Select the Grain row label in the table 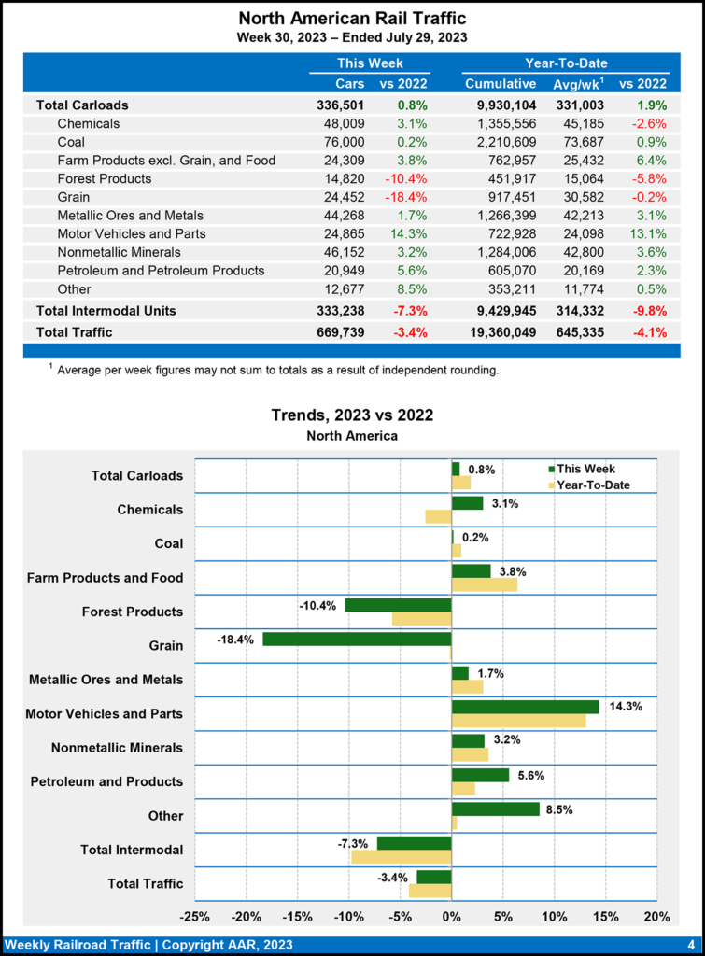(x=75, y=197)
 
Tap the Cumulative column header (x=501, y=84)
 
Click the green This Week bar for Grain (x=357, y=640)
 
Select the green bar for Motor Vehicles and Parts (x=525, y=707)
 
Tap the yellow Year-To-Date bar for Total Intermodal (x=401, y=856)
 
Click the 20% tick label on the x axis (x=656, y=915)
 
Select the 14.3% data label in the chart (x=625, y=707)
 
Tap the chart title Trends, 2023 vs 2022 (x=352, y=415)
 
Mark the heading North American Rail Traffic (x=352, y=18)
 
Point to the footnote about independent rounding (x=278, y=370)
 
